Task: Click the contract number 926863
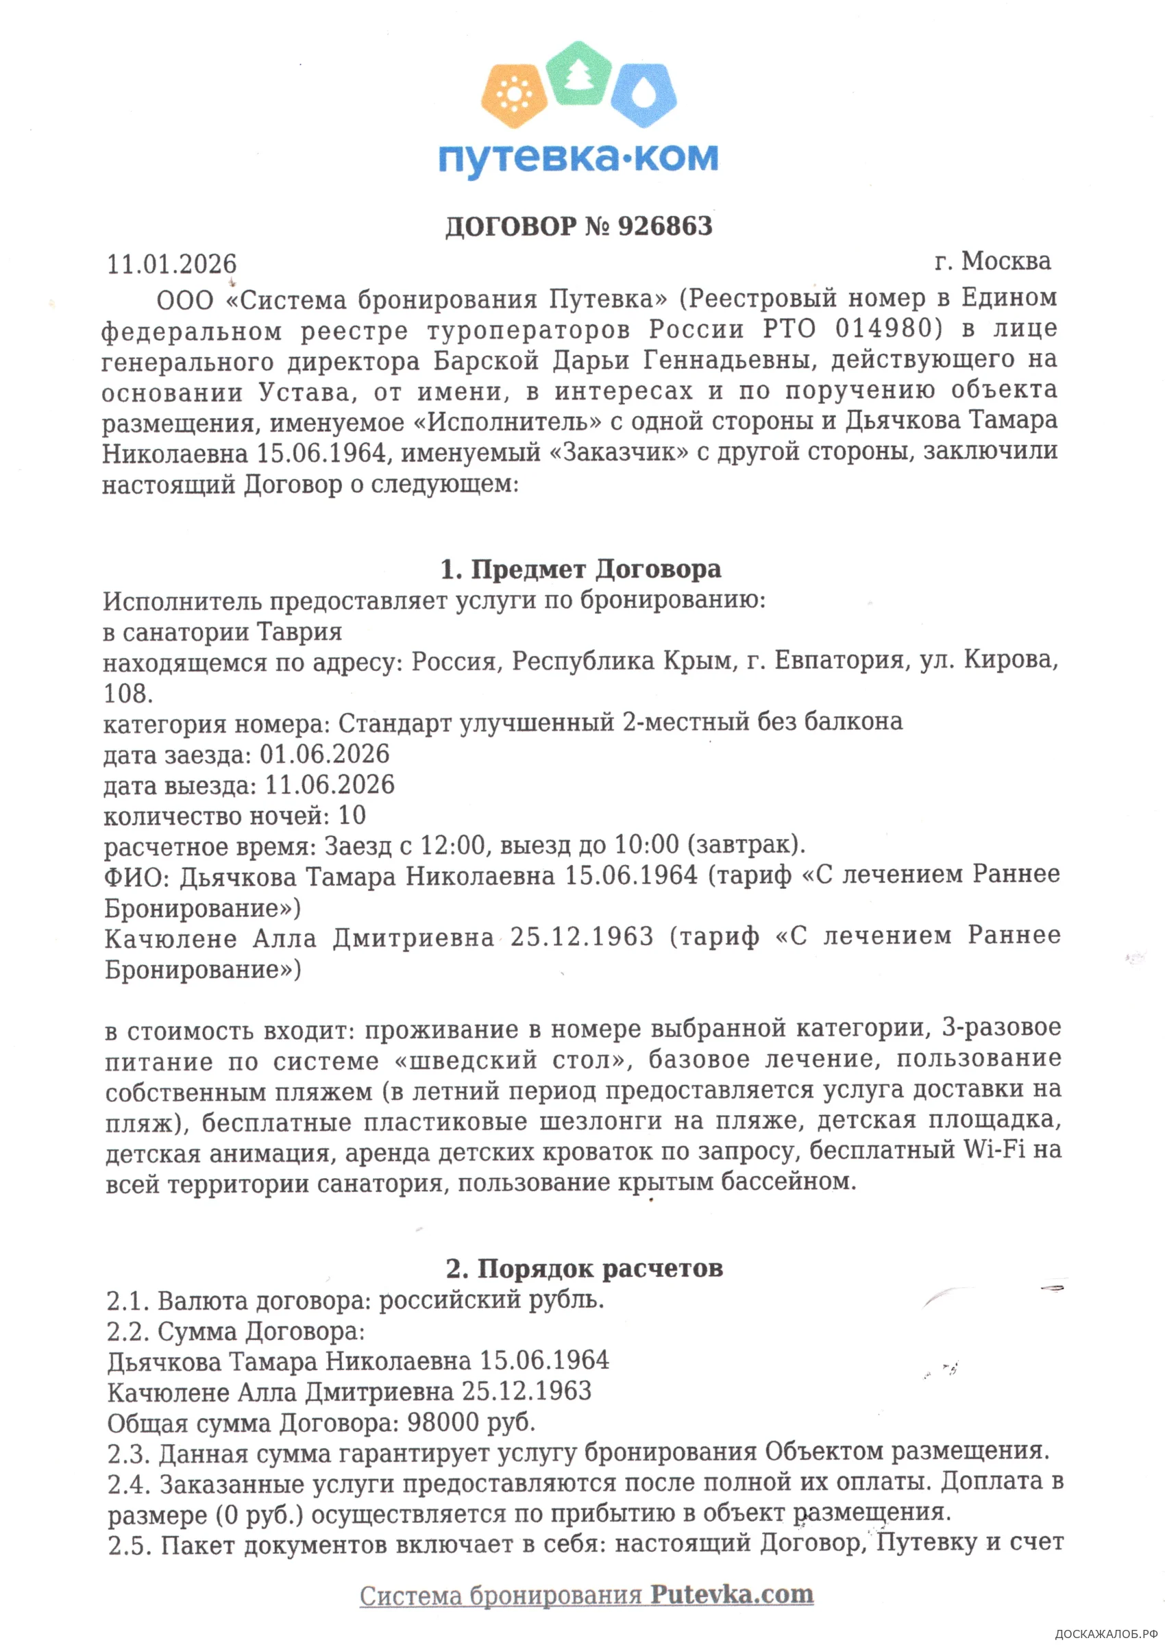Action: [665, 226]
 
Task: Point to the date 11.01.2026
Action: [171, 264]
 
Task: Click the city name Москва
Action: [1006, 261]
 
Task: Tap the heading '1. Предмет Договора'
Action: [581, 569]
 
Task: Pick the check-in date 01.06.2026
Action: [324, 754]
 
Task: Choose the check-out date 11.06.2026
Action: [330, 785]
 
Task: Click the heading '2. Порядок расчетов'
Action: [584, 1268]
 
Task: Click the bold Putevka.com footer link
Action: [732, 1595]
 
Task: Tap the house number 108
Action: [127, 694]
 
